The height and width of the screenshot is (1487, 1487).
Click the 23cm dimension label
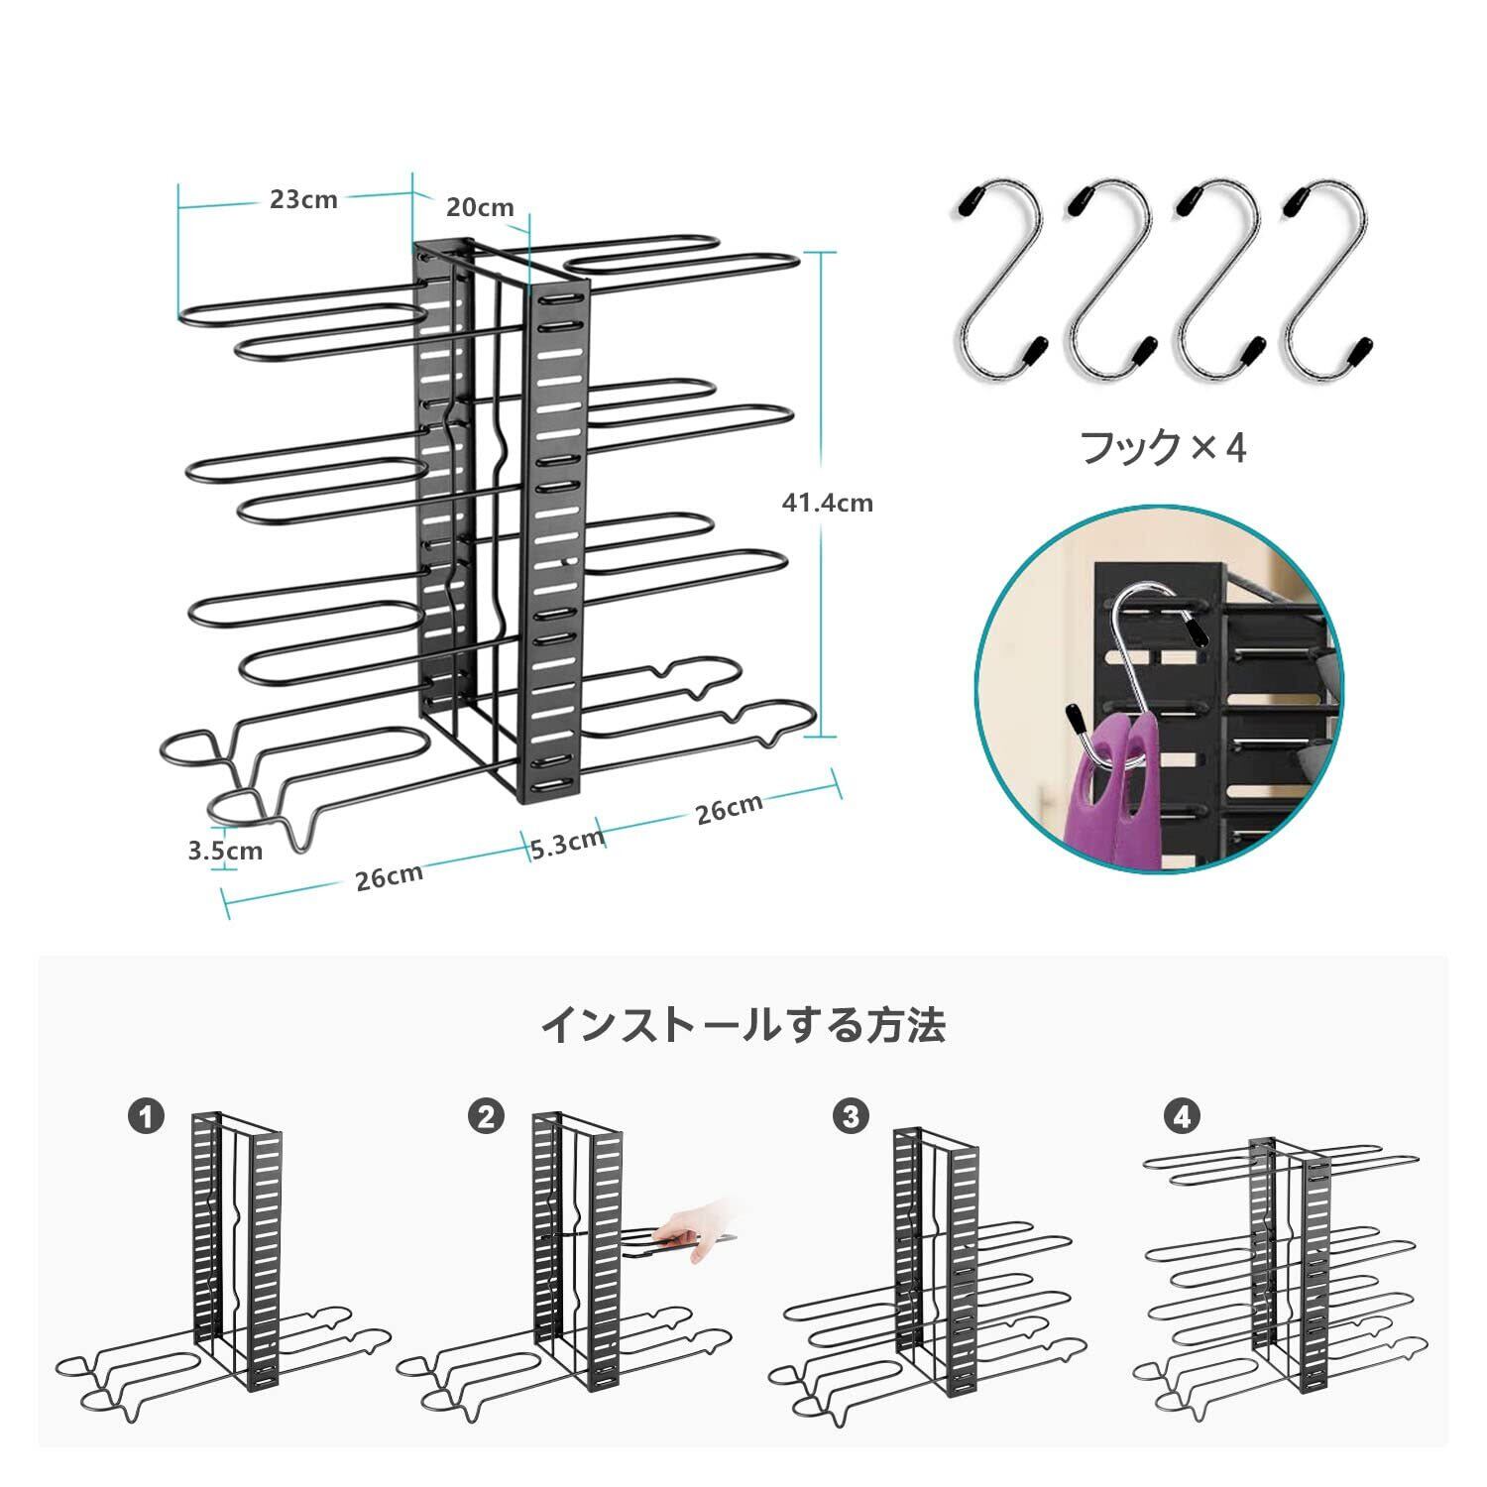[x=303, y=199]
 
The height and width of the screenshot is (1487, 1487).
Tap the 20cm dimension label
[x=480, y=207]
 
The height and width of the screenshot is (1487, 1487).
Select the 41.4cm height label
[x=828, y=503]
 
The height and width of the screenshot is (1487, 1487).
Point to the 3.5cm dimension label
[x=225, y=851]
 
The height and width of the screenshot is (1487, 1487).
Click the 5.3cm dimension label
[x=567, y=843]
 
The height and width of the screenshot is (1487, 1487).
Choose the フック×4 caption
[x=1162, y=448]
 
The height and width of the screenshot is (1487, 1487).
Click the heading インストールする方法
[x=743, y=1025]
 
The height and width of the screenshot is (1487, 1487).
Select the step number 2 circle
[x=486, y=1118]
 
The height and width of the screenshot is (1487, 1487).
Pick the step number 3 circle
[x=849, y=1118]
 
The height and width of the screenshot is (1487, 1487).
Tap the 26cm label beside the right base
[x=730, y=808]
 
